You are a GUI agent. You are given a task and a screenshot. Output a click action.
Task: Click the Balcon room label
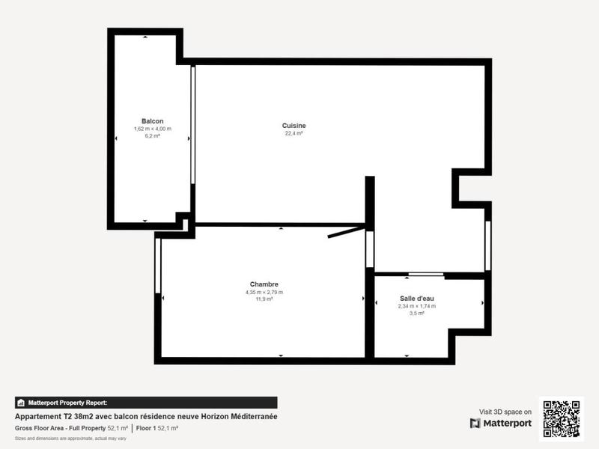(152, 121)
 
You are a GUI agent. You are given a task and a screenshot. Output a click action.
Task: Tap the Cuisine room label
(294, 126)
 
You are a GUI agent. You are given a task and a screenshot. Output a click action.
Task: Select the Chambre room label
(264, 284)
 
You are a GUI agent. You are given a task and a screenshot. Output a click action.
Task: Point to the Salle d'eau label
(417, 299)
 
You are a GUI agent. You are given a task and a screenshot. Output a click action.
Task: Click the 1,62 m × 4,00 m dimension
(152, 129)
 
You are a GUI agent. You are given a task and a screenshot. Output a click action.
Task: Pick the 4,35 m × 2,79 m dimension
(264, 292)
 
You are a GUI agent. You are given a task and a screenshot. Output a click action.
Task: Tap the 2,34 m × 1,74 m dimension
(417, 306)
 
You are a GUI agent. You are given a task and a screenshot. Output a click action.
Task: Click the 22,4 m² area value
(294, 133)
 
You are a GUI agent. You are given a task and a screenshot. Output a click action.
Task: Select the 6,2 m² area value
(152, 135)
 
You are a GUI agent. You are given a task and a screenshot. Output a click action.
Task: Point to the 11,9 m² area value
(264, 299)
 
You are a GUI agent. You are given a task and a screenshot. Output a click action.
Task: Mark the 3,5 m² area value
(417, 314)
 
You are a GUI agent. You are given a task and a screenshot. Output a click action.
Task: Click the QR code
(561, 418)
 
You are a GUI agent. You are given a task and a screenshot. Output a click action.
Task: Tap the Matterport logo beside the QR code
(501, 423)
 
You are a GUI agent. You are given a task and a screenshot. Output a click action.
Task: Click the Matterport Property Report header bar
(145, 403)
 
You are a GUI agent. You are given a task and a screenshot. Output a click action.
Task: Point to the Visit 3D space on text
(505, 412)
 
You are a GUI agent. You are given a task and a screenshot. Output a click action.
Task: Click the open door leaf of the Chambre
(346, 232)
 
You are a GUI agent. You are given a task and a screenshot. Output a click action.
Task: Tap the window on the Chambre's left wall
(158, 265)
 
